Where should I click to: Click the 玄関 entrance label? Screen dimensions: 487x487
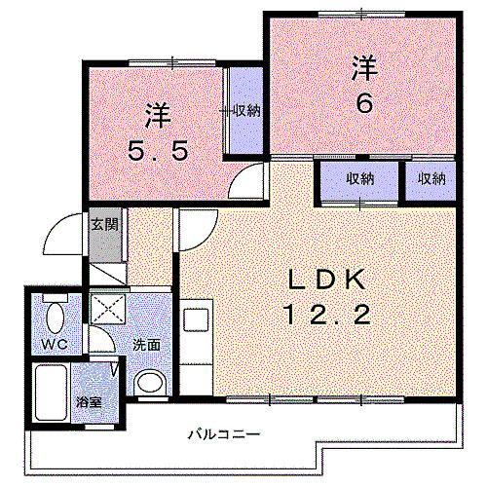[103, 225]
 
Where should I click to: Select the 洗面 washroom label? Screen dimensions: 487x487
[146, 344]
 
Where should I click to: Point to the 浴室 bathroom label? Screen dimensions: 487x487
[89, 401]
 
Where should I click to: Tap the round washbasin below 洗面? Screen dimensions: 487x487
[149, 382]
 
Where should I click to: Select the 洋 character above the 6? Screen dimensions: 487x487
[363, 70]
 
